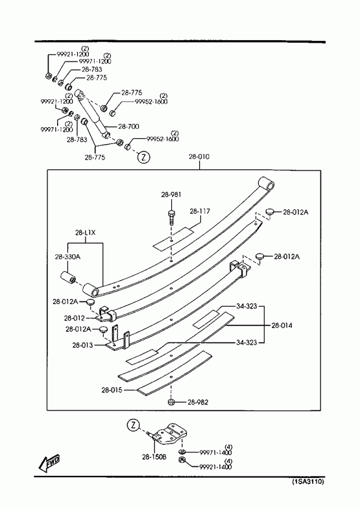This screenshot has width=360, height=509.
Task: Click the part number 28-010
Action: pyautogui.click(x=199, y=157)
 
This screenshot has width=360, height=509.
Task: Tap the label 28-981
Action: pyautogui.click(x=171, y=195)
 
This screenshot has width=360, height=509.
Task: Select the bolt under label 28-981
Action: pyautogui.click(x=171, y=216)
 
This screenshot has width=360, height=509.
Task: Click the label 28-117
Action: pyautogui.click(x=200, y=211)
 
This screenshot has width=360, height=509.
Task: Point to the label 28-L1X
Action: pyautogui.click(x=86, y=233)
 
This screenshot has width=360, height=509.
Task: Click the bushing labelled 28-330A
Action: pyautogui.click(x=68, y=278)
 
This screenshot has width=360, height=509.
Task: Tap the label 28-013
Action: pyautogui.click(x=82, y=345)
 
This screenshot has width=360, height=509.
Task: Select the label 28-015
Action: pyautogui.click(x=112, y=390)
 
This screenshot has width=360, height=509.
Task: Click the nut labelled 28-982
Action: pyautogui.click(x=171, y=402)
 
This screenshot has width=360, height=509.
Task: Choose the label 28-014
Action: pyautogui.click(x=282, y=326)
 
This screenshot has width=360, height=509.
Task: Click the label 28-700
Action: pyautogui.click(x=128, y=126)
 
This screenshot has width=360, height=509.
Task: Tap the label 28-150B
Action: pyautogui.click(x=154, y=456)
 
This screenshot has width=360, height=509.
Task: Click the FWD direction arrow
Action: pyautogui.click(x=49, y=462)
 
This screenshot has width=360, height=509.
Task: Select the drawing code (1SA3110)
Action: pyautogui.click(x=308, y=481)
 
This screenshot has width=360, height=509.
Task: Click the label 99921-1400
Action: pyautogui.click(x=215, y=467)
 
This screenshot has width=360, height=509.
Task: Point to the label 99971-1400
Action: pyautogui.click(x=215, y=453)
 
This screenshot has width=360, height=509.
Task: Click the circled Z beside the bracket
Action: pyautogui.click(x=133, y=425)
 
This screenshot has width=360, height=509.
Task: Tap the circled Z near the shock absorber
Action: pyautogui.click(x=144, y=157)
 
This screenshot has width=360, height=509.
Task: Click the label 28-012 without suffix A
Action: pyautogui.click(x=75, y=318)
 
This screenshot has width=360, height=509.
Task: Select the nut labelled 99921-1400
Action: pyautogui.click(x=182, y=460)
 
